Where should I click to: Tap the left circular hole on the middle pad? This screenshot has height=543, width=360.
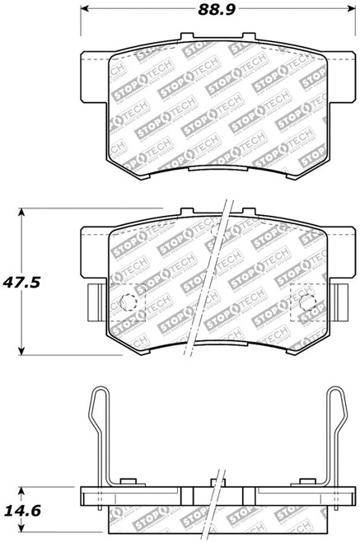pos(128,302)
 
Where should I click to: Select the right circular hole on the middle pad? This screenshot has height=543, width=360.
pos(307,302)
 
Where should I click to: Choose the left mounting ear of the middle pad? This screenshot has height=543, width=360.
pos(94,251)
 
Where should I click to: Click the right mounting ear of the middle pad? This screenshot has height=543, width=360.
pos(340,251)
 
